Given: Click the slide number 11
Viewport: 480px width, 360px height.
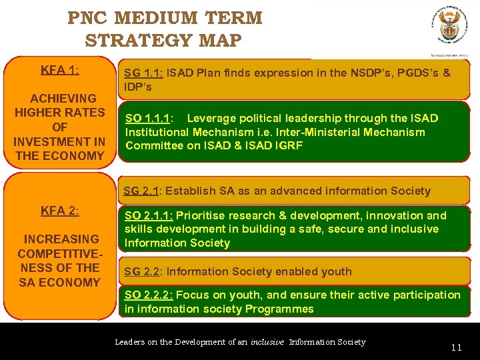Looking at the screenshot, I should pos(456,347).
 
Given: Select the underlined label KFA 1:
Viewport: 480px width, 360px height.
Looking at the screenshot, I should pos(60,70).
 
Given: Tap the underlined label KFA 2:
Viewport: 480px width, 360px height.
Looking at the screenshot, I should pos(60,211).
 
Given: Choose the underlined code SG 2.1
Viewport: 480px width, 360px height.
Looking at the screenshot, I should pos(141,191).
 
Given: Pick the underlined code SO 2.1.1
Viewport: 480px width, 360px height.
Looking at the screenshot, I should pos(149,215).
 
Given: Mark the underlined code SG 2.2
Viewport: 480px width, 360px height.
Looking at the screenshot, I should pos(142,271).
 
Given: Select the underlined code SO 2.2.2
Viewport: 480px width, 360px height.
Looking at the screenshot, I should pos(148,295).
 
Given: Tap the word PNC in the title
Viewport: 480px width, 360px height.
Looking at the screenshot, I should pos(90,18).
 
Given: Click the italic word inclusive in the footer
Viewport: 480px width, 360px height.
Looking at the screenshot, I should pos(267,342).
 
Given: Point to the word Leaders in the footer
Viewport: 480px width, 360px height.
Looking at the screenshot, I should pos(129,342).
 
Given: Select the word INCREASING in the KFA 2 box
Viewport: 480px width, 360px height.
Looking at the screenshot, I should pos(61,239).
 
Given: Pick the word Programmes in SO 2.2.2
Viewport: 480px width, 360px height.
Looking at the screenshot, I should pos(279,309).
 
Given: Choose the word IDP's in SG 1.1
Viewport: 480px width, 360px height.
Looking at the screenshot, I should pos(139,87).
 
